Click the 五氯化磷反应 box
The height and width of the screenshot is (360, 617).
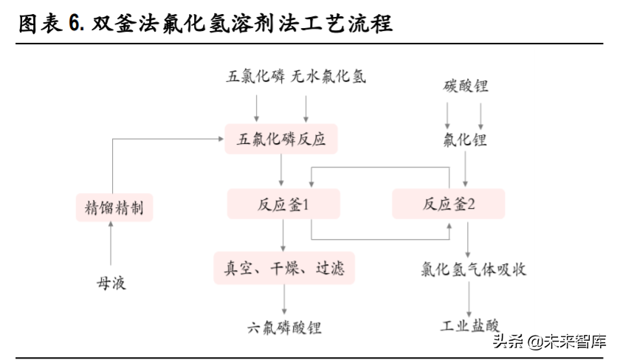tap(281, 139)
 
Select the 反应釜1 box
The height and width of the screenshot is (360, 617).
tap(283, 204)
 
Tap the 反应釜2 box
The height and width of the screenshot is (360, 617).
tap(449, 204)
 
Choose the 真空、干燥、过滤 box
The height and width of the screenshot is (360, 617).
tap(284, 267)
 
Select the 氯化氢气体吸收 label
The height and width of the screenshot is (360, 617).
tap(470, 269)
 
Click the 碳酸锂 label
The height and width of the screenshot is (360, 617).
tap(465, 86)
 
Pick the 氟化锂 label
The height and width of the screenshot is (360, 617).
tap(465, 140)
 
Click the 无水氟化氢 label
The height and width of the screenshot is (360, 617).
tap(328, 76)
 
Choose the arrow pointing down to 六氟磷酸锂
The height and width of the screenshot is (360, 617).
tap(284, 299)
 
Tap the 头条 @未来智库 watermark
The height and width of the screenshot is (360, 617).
tap(549, 342)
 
